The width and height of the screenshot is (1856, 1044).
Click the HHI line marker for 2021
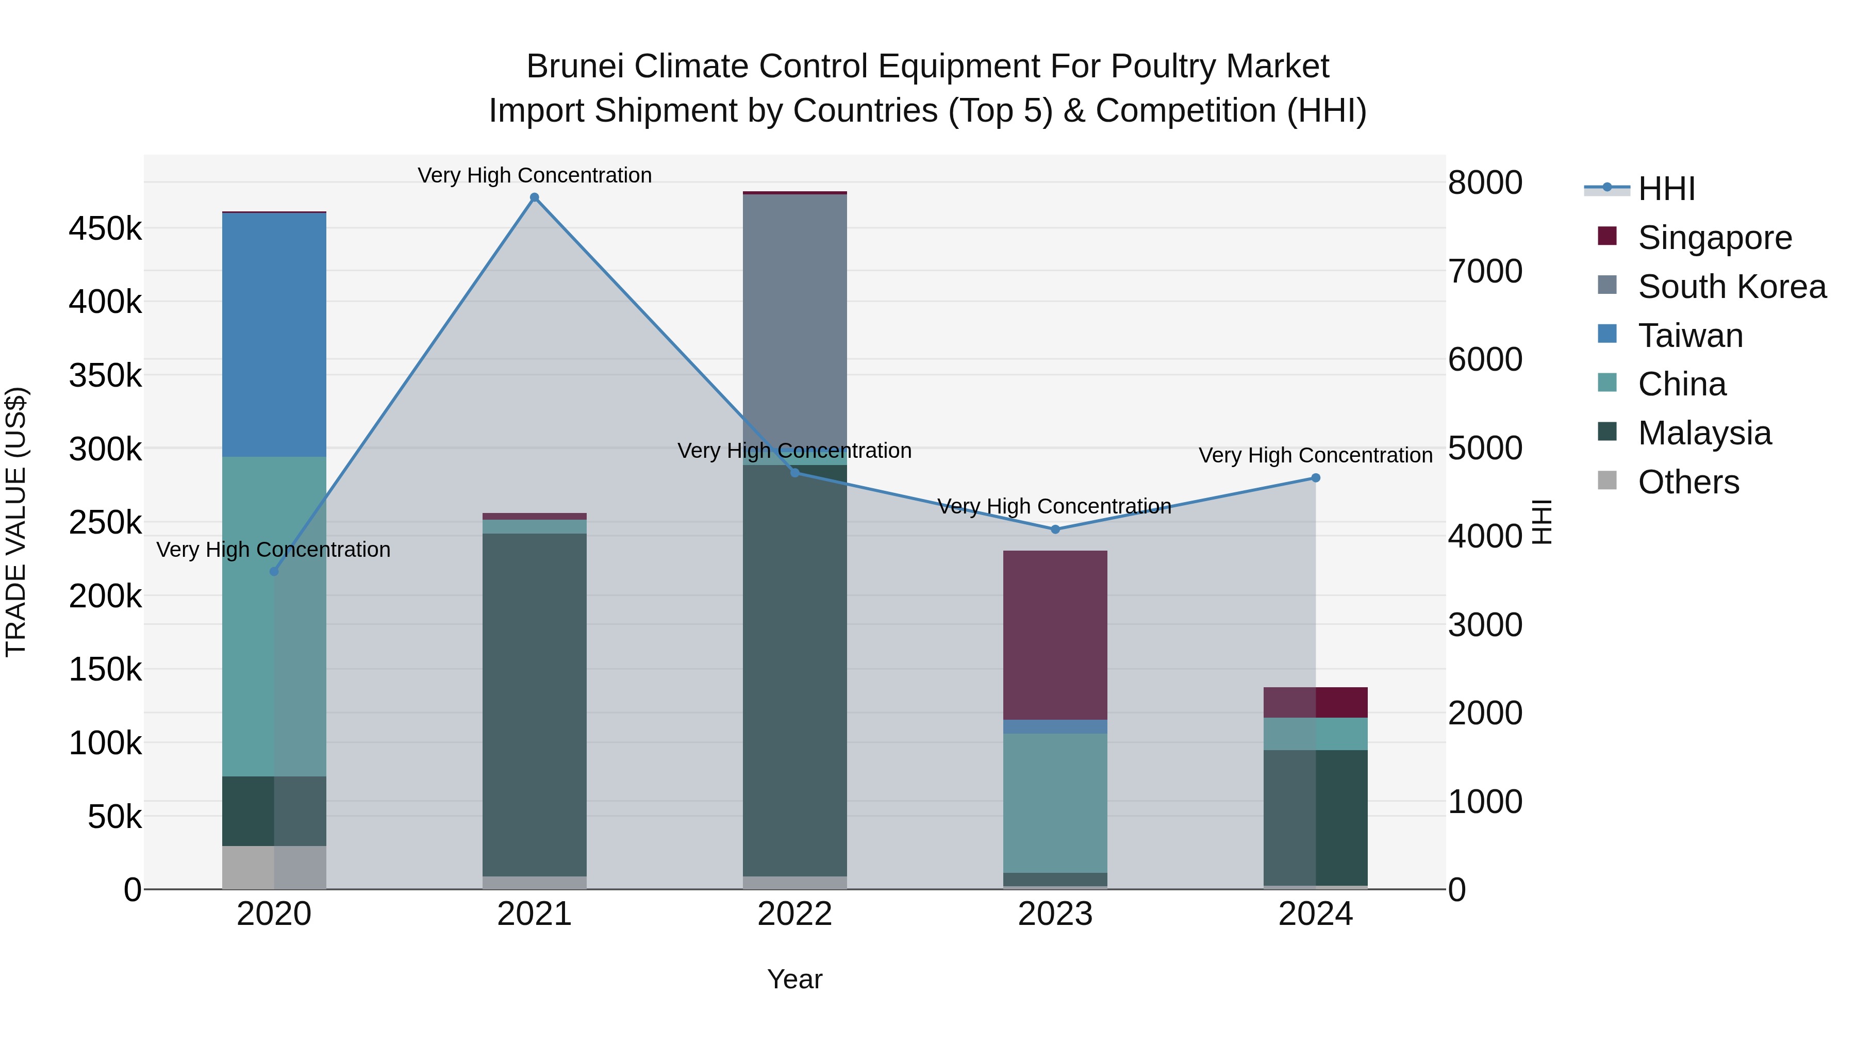coord(534,197)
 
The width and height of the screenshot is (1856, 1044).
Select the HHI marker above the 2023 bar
coord(1055,529)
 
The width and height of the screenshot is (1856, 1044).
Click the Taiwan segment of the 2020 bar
coord(274,335)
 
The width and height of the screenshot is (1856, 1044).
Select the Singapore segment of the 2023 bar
coord(1055,635)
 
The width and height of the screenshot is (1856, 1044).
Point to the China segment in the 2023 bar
coord(1055,803)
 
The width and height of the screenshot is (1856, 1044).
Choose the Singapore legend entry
coord(1714,238)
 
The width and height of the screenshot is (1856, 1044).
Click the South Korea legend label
coord(1731,287)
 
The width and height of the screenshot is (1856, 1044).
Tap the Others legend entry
coord(1688,482)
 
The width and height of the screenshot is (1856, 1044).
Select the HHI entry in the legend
coord(1666,189)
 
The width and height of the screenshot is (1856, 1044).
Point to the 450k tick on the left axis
coord(105,229)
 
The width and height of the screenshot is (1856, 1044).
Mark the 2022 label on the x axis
coord(794,914)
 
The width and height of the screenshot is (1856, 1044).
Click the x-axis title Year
coord(794,979)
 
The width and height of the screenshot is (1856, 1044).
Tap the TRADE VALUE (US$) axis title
coord(16,522)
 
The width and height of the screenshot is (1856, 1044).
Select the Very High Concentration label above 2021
coord(534,175)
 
